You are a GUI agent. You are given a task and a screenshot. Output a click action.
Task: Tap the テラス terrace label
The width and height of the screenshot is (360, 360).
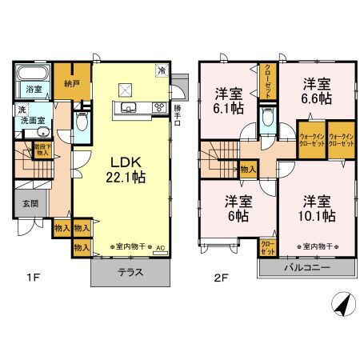pyautogui.click(x=130, y=271)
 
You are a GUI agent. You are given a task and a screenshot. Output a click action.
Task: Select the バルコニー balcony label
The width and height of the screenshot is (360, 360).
pyautogui.click(x=306, y=268)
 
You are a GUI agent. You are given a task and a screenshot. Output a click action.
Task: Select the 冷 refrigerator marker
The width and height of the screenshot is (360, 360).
pyautogui.click(x=162, y=70)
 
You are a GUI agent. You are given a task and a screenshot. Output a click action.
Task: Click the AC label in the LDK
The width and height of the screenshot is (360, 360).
pyautogui.click(x=159, y=247)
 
